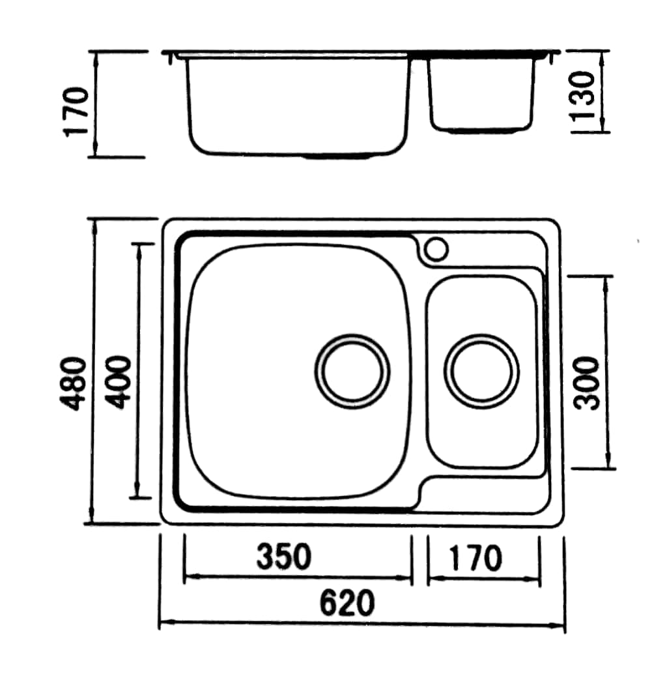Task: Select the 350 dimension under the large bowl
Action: click(x=284, y=557)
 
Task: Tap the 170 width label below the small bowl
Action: click(x=475, y=558)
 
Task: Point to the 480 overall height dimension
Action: click(x=73, y=383)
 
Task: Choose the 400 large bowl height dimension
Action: click(x=117, y=382)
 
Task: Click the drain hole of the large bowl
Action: click(x=352, y=372)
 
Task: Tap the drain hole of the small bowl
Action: click(x=481, y=372)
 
